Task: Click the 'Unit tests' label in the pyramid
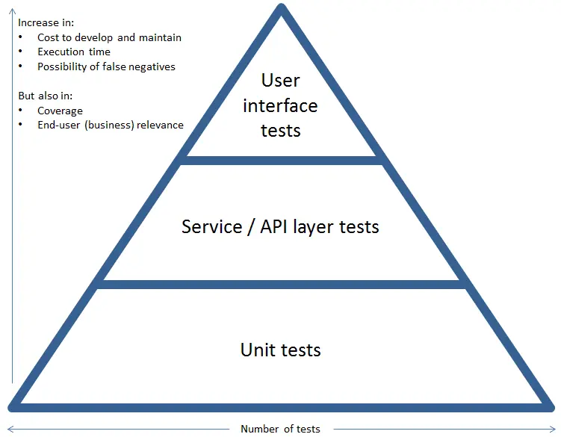[280, 350]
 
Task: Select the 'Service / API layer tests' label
[280, 226]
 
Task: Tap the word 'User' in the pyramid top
[281, 80]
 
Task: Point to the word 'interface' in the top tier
[280, 105]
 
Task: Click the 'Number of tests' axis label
[280, 429]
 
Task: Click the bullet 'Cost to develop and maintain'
[109, 37]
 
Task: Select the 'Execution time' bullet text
[74, 52]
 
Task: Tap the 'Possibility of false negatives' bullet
[106, 66]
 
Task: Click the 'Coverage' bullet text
[60, 111]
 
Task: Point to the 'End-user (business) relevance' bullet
[110, 125]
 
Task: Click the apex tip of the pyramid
[281, 9]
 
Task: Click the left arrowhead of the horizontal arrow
[9, 429]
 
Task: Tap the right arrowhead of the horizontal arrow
[554, 429]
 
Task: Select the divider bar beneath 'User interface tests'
[281, 161]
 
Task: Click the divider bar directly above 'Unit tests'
[281, 285]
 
